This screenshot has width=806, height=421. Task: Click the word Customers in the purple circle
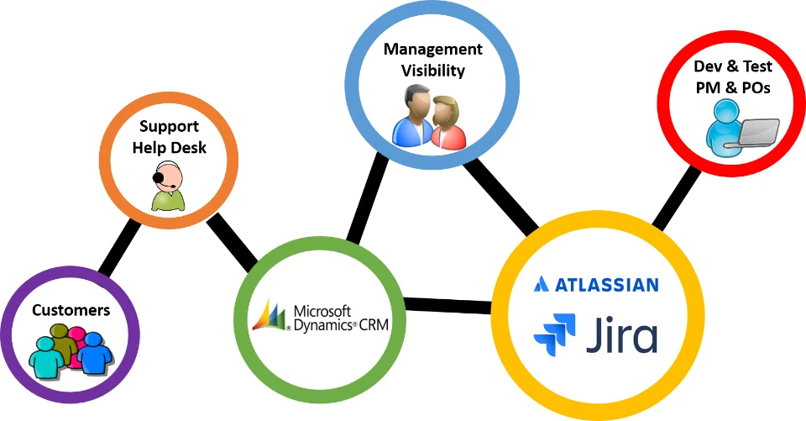71,311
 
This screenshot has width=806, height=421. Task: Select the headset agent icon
166,187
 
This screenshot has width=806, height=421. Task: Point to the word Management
433,50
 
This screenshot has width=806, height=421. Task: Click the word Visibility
432,71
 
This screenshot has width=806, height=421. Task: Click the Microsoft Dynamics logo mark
270,316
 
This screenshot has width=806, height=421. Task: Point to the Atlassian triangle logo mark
542,284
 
